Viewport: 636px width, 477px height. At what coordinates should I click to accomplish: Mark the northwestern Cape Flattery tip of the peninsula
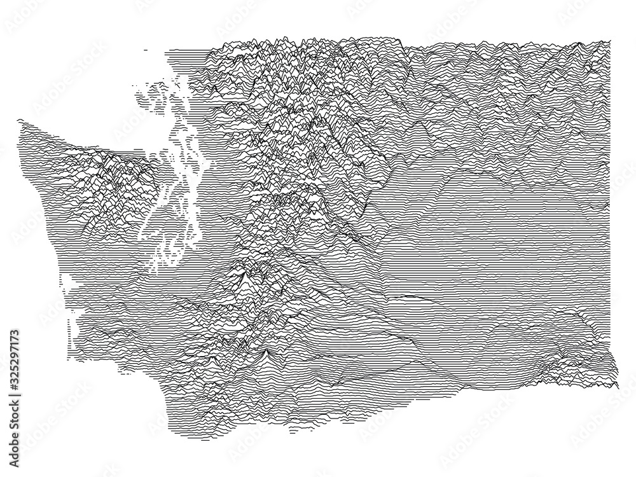pyautogui.click(x=20, y=120)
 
